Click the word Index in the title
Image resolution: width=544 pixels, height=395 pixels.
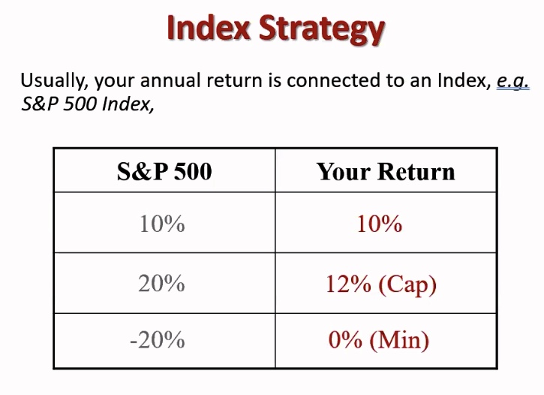click(209, 28)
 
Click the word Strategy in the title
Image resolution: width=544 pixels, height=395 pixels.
click(322, 30)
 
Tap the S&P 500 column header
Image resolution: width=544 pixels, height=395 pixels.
click(164, 171)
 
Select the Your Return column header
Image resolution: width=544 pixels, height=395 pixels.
click(386, 171)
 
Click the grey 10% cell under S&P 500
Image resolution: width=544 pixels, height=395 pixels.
click(162, 224)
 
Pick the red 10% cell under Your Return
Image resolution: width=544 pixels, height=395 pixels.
click(380, 224)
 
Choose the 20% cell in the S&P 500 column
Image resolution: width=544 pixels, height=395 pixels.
click(161, 283)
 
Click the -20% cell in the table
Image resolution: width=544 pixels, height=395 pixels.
click(158, 339)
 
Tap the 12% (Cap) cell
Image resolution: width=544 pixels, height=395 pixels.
click(381, 285)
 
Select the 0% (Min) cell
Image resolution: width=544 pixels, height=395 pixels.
click(379, 340)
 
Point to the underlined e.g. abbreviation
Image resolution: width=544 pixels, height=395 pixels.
click(512, 82)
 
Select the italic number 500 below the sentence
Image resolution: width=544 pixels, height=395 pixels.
click(80, 104)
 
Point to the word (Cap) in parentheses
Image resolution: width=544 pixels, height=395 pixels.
click(407, 285)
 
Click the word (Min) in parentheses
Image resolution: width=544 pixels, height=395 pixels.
click(399, 341)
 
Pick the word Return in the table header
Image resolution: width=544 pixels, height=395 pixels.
click(416, 171)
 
